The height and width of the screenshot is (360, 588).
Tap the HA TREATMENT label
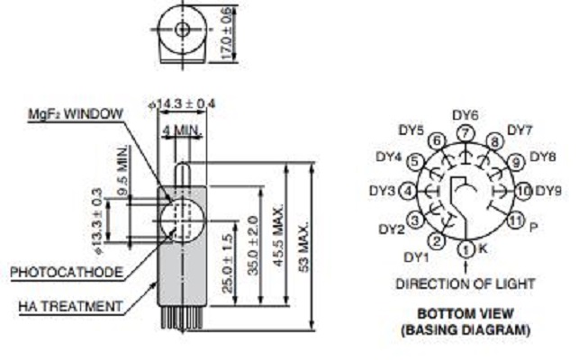click(70, 306)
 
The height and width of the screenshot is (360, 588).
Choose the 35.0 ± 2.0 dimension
click(255, 244)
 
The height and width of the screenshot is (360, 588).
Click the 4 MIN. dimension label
click(179, 130)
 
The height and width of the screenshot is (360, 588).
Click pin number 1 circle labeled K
click(466, 248)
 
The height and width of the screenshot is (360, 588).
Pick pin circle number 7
click(465, 133)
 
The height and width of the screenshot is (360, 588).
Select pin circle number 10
click(522, 191)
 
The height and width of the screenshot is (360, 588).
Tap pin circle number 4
click(407, 192)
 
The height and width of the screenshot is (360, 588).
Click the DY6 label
click(465, 114)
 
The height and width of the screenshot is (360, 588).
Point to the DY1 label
click(415, 256)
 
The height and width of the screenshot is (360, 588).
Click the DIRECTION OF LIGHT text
click(466, 283)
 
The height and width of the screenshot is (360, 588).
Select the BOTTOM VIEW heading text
click(465, 314)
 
